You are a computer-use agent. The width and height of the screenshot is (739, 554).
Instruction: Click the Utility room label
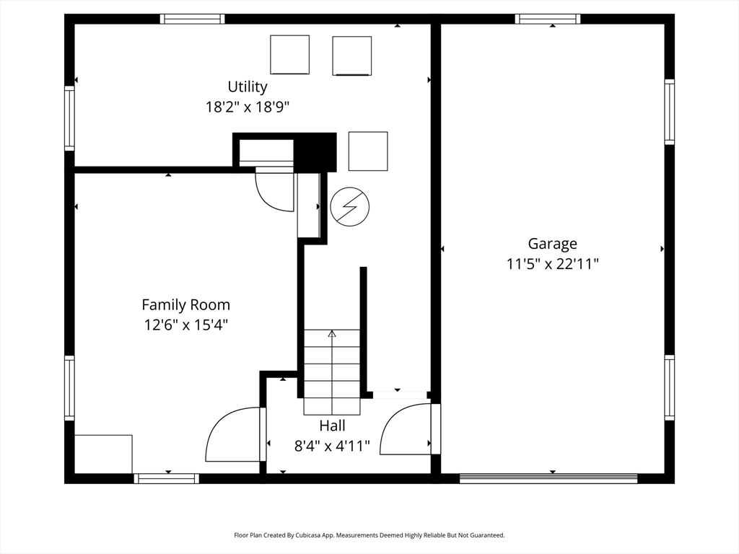(x=248, y=87)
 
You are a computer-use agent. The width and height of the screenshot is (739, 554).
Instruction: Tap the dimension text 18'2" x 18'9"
(x=247, y=107)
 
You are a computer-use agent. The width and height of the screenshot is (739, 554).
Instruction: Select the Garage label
(x=552, y=244)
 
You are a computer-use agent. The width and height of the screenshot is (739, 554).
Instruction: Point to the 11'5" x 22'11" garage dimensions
(x=552, y=264)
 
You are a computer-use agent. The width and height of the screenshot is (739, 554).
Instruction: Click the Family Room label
(x=185, y=305)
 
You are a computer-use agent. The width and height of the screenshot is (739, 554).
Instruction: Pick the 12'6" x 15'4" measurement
(x=186, y=325)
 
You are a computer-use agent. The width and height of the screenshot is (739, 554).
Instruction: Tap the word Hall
(x=332, y=426)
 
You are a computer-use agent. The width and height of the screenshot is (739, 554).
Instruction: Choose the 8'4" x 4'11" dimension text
(x=332, y=446)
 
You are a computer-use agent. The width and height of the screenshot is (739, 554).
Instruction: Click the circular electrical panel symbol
(x=350, y=207)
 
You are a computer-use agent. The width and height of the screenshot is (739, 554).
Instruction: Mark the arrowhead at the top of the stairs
(x=332, y=333)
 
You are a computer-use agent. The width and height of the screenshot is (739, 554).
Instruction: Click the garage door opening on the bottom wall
(x=548, y=479)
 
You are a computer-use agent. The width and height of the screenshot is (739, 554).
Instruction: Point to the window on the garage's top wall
(x=548, y=19)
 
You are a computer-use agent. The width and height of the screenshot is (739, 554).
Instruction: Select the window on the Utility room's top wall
(x=192, y=19)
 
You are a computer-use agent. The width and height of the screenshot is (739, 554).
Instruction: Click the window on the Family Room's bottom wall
(x=167, y=479)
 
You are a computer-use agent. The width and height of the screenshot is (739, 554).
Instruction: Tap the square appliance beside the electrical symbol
(x=368, y=151)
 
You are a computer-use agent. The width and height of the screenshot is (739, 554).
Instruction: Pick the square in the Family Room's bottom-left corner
(x=103, y=454)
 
